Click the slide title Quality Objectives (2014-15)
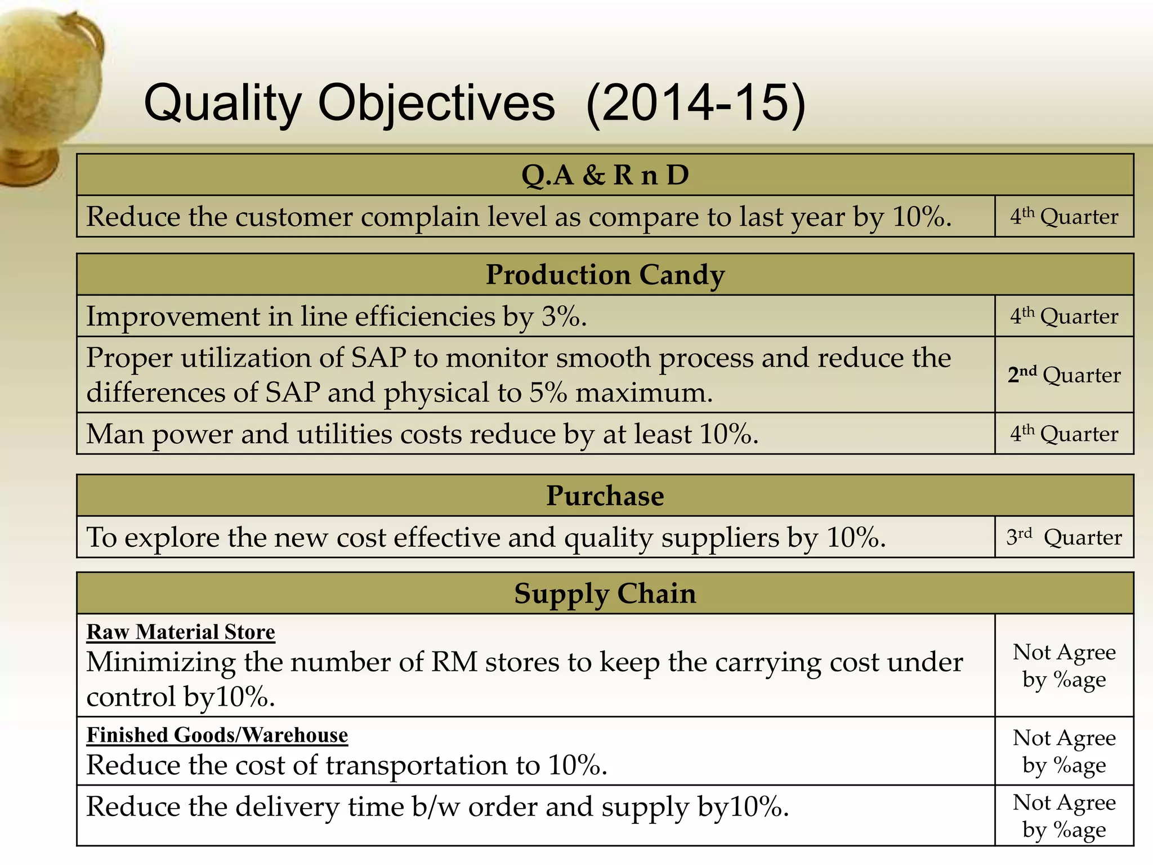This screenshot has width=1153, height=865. pos(475,103)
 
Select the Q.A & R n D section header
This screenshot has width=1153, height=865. pos(605,175)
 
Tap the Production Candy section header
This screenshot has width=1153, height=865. pos(605,275)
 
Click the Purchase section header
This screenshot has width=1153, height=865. pos(605,496)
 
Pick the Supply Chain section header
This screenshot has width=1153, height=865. pos(605,594)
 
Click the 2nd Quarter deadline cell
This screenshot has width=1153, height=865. pos(1063,375)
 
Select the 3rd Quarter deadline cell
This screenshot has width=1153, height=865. pos(1063,537)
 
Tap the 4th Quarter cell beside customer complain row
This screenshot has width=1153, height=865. pos(1063,217)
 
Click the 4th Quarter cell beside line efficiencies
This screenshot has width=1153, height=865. pos(1063,316)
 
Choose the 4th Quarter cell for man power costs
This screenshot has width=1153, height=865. pos(1063,434)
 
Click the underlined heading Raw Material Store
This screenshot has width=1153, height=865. pos(180,632)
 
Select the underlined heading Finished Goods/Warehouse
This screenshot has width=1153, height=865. pos(217,735)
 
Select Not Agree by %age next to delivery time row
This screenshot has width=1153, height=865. pos(1063,815)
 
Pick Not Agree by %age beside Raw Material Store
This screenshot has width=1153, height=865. pos(1063,666)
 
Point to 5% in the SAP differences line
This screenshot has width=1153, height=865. pos(547,393)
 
